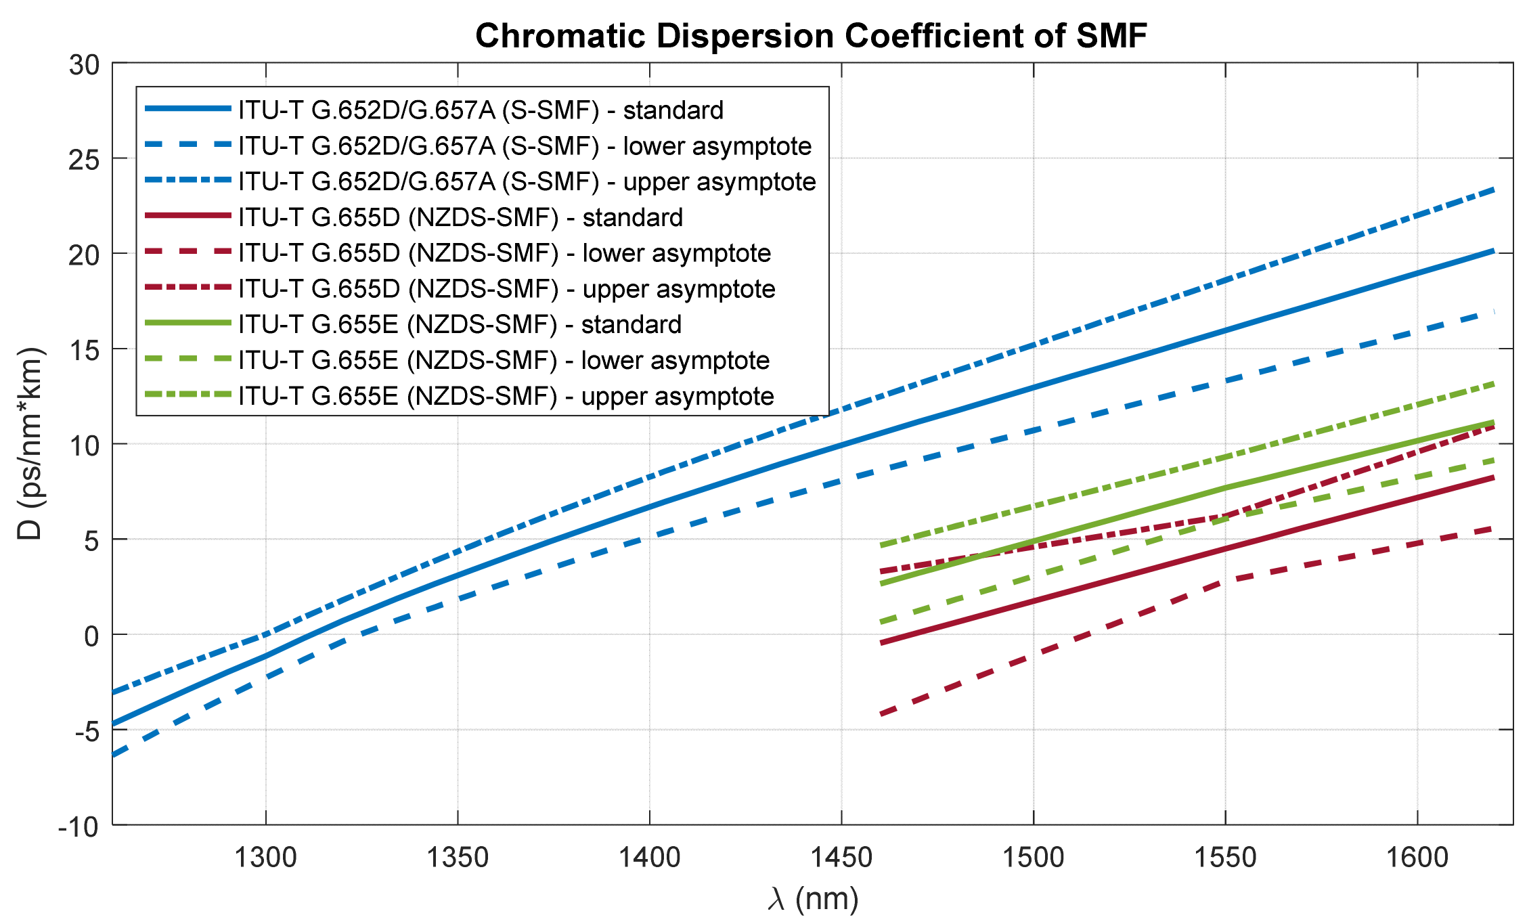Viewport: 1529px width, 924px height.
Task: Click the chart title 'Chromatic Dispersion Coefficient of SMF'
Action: pyautogui.click(x=811, y=35)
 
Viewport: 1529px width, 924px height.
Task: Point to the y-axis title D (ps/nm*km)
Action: pyautogui.click(x=30, y=443)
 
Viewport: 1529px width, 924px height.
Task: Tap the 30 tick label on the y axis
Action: pyautogui.click(x=84, y=65)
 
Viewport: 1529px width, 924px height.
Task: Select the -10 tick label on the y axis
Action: pyautogui.click(x=79, y=827)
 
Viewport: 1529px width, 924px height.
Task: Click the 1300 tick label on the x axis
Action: pyautogui.click(x=265, y=858)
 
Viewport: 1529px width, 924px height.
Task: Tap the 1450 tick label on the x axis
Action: pyautogui.click(x=841, y=858)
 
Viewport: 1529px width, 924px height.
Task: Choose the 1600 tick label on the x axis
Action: pyautogui.click(x=1417, y=858)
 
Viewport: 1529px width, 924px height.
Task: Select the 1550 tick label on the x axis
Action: pyautogui.click(x=1225, y=858)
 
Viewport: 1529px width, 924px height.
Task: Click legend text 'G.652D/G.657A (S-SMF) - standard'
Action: pyautogui.click(x=481, y=110)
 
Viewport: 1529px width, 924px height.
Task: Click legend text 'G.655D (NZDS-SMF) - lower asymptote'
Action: pyautogui.click(x=505, y=253)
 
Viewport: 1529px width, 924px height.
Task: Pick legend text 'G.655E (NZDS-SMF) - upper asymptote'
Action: pyautogui.click(x=506, y=396)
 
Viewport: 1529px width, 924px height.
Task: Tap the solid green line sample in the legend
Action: pyautogui.click(x=188, y=324)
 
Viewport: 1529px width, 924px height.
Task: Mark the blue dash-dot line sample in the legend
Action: pyautogui.click(x=188, y=181)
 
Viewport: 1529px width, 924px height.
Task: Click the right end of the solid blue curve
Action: pyautogui.click(x=1493, y=251)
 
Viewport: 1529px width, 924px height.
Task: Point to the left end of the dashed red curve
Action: pyautogui.click(x=881, y=713)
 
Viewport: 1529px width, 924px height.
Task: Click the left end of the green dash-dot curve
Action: pyautogui.click(x=881, y=545)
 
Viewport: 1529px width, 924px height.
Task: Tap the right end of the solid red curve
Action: pyautogui.click(x=1493, y=478)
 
